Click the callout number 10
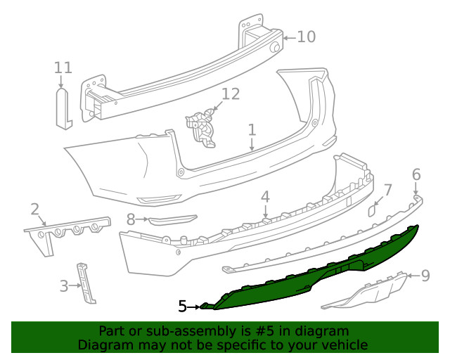click(x=306, y=36)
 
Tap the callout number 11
click(x=63, y=67)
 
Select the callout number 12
click(x=231, y=94)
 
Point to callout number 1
click(x=252, y=130)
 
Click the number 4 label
click(x=265, y=196)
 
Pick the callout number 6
click(x=416, y=174)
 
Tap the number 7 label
click(x=387, y=190)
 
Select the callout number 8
click(x=131, y=219)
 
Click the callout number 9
click(x=425, y=276)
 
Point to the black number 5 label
click(x=182, y=307)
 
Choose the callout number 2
click(x=34, y=209)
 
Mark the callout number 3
click(x=63, y=285)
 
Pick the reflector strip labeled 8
click(x=172, y=220)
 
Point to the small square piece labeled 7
click(x=374, y=209)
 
